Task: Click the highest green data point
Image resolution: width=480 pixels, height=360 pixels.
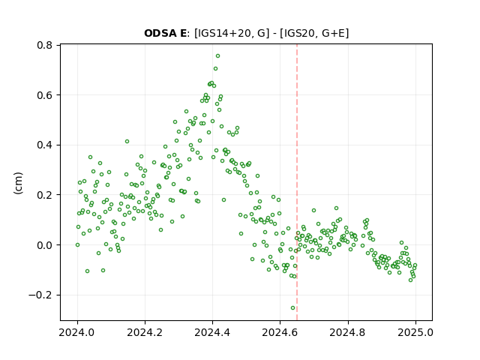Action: click(217, 56)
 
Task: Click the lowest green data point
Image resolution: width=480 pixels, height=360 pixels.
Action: click(293, 308)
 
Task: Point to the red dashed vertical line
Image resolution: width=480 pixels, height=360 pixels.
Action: click(297, 182)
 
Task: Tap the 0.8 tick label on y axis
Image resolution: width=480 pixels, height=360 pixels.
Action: click(45, 45)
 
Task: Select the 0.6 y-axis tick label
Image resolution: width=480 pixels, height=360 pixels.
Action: click(45, 95)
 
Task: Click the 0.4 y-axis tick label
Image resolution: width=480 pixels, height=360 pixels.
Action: click(45, 145)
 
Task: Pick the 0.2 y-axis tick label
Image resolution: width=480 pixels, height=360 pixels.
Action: click(45, 195)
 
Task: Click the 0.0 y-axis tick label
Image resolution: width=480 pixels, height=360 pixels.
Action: click(45, 245)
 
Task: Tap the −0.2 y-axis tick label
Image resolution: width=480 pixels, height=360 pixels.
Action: click(40, 295)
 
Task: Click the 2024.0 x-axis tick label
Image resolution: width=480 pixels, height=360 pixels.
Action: click(77, 332)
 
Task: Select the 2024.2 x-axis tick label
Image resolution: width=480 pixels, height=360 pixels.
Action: click(145, 332)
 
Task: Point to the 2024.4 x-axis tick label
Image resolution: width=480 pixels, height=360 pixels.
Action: click(212, 332)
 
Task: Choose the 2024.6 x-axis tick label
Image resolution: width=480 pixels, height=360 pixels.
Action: click(280, 332)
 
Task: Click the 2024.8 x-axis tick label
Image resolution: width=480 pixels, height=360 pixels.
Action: click(348, 332)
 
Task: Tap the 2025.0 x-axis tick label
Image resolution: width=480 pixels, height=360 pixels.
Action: click(415, 332)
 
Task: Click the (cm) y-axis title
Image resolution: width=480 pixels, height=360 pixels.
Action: click(18, 183)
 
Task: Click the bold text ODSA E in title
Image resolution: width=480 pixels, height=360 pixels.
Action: click(165, 33)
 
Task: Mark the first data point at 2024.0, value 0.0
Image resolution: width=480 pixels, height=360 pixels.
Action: click(77, 245)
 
